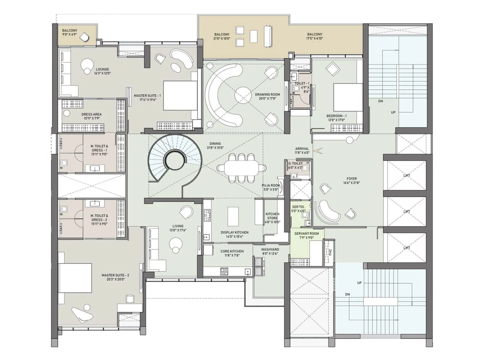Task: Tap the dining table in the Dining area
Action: click(241, 168)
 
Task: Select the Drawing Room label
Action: click(267, 94)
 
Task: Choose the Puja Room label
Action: click(271, 185)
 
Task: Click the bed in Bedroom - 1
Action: click(348, 97)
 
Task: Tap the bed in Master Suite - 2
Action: click(75, 278)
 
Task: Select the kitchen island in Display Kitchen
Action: click(233, 216)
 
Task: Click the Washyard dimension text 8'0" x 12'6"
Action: click(270, 253)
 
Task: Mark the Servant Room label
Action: click(307, 233)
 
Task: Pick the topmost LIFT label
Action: click(406, 175)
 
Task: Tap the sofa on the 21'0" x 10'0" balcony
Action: click(268, 37)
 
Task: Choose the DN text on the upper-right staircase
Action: click(380, 101)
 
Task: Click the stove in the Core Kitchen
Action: click(224, 271)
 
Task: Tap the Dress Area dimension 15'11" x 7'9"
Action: click(91, 118)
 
